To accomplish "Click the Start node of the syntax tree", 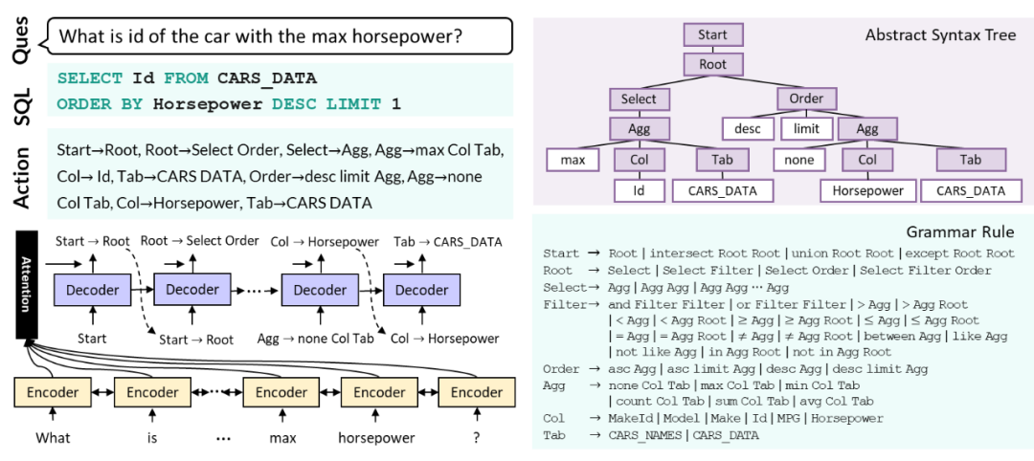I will pos(712,35).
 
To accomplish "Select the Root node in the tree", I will pos(712,65).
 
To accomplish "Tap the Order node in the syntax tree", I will pos(806,99).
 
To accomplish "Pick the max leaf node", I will pos(573,160).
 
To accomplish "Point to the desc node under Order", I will pos(747,129).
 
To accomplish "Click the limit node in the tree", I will pos(806,129).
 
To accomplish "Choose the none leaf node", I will pos(798,160).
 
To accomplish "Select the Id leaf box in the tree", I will pos(639,190).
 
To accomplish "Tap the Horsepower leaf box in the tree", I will pos(867,190).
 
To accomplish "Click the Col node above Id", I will pos(639,160).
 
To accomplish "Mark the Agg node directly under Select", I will pos(639,129).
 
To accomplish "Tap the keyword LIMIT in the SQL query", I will pos(353,103).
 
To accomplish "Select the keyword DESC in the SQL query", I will pos(292,103).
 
